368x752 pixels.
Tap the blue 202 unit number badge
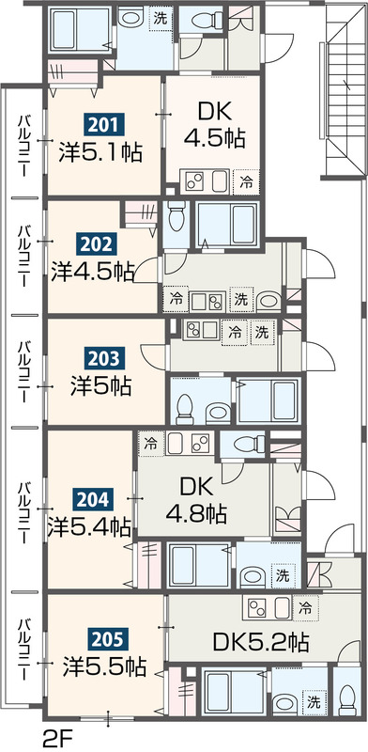pos(97,245)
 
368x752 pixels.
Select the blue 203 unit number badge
pos(104,358)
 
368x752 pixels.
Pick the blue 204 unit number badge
pos(93,501)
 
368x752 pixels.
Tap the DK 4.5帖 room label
pos(214,126)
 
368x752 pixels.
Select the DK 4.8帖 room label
pos(196,501)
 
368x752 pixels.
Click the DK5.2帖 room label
pos(260,642)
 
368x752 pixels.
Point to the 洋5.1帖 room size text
pos(100,152)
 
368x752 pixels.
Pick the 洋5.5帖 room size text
pos(104,666)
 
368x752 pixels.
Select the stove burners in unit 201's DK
pos(194,181)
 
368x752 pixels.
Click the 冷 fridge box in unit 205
pos(304,609)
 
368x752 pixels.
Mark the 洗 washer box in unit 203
pos(262,333)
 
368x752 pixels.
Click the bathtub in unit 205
pos(235,692)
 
